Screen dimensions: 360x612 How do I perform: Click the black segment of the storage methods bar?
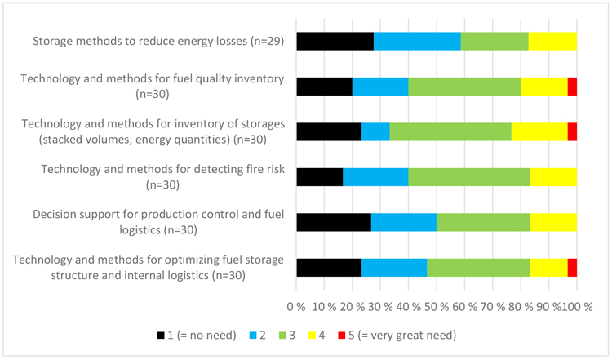(x=335, y=41)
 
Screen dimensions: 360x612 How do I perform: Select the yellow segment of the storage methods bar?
(x=552, y=41)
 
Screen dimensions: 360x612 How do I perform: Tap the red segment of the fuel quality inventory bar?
(x=572, y=86)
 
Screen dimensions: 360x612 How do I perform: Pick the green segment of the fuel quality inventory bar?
(x=464, y=86)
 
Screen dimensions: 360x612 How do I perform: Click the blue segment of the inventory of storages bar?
(x=375, y=131)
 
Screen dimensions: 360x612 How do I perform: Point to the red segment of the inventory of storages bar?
(x=572, y=131)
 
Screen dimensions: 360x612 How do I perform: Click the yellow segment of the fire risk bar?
(x=553, y=176)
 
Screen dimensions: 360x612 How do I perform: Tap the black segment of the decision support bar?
(x=334, y=222)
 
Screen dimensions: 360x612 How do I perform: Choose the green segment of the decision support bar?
(x=483, y=222)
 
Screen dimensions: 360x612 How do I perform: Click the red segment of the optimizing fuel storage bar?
(x=572, y=267)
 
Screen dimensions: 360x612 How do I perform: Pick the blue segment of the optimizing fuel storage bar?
(x=394, y=267)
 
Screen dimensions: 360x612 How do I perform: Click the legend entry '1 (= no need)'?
(x=196, y=334)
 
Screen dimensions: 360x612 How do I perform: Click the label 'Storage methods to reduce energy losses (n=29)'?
(x=158, y=41)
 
